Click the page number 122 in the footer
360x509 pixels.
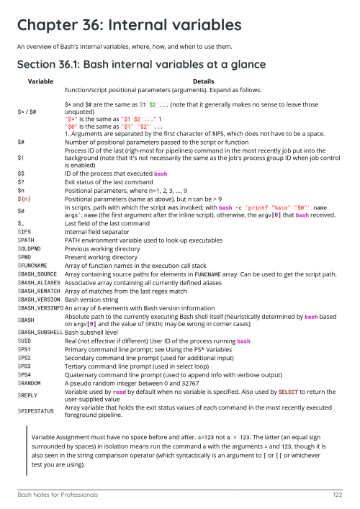point(336,495)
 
